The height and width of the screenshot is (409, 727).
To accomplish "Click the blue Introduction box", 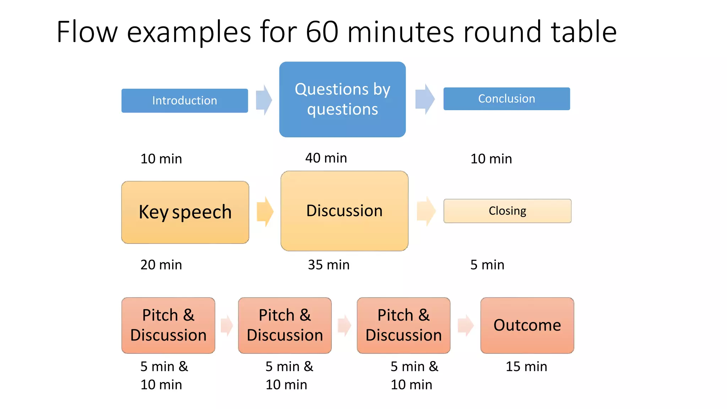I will point(185,100).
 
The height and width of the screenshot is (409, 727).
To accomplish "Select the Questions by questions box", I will point(342,99).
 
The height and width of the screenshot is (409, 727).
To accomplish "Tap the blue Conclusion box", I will point(507,99).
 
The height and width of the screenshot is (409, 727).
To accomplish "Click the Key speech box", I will point(185,212).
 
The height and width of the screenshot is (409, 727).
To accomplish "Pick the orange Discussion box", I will point(344,211).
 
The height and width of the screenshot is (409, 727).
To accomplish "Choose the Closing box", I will point(507,211).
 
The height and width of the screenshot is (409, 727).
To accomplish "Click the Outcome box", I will point(527,325).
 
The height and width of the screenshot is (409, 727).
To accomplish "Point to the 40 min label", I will point(326,158).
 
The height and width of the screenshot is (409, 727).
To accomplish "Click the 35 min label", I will point(328,265).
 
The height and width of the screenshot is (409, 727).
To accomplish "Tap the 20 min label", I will point(161,265).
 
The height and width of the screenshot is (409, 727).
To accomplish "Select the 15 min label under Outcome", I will point(526,366).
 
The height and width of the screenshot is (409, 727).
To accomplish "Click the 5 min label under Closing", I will point(487,265).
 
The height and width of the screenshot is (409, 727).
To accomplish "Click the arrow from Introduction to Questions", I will point(264,100).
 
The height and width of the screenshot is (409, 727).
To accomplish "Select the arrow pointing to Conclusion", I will point(425,99).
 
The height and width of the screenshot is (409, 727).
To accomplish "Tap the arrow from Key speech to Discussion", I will point(265,212).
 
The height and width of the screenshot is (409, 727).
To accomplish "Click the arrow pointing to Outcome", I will point(465,325).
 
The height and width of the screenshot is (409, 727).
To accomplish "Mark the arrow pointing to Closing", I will point(426,211).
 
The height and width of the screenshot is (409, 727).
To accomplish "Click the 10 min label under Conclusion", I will point(491,159).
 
